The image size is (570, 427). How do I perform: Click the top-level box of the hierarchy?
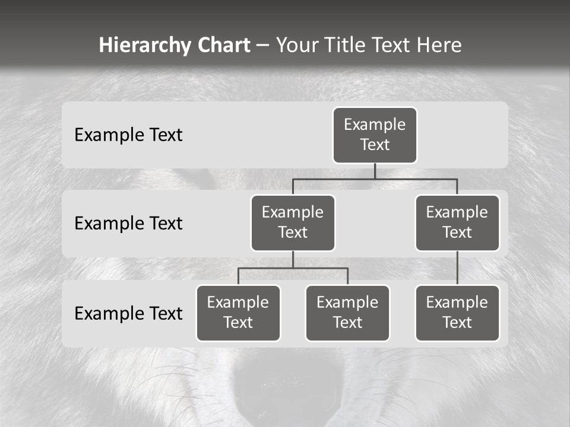[x=375, y=135]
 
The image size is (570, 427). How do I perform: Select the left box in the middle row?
[x=293, y=223]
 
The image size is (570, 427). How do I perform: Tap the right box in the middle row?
[x=457, y=223]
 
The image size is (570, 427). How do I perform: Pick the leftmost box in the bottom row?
[x=238, y=313]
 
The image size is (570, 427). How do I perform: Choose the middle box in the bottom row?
[x=347, y=313]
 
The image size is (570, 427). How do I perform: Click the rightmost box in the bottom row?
[x=457, y=313]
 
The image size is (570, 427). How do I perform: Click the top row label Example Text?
[x=128, y=135]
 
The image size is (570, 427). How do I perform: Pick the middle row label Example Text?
[x=128, y=224]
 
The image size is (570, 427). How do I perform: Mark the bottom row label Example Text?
[x=128, y=314]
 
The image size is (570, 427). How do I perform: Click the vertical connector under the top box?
[x=375, y=171]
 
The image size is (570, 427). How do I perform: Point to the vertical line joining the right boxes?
[x=457, y=268]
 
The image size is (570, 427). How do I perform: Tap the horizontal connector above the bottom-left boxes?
[x=293, y=268]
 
